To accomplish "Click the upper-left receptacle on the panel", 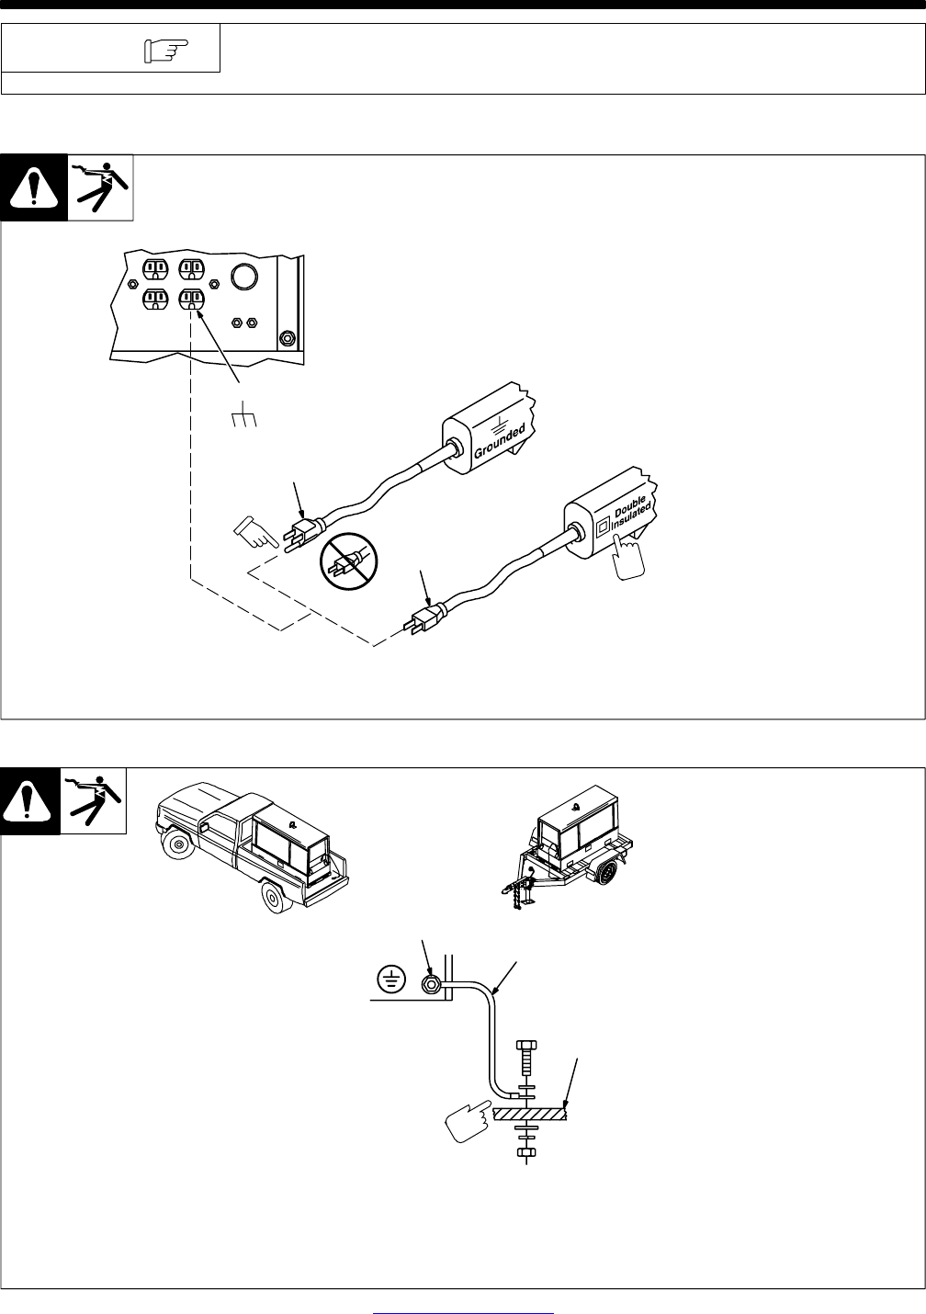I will [x=153, y=268].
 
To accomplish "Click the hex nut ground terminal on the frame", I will [x=429, y=986].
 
